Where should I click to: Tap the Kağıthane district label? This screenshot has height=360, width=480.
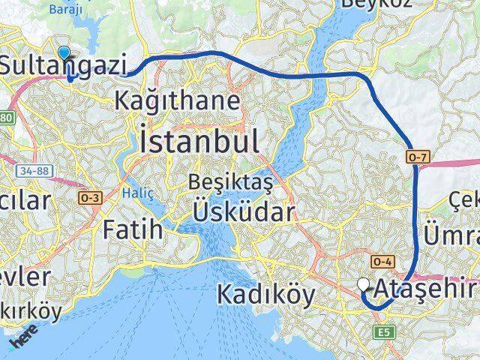(x=178, y=100)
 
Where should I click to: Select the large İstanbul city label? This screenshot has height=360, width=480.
(x=199, y=140)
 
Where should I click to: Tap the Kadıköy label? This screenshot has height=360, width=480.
(x=265, y=295)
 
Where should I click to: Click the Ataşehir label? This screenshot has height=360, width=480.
(x=427, y=287)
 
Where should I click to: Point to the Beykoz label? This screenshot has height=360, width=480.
(x=367, y=4)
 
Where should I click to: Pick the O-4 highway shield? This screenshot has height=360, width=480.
(x=381, y=262)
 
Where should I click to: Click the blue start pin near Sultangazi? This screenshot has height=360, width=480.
(x=64, y=53)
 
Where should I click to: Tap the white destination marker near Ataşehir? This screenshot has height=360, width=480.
(x=364, y=283)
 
